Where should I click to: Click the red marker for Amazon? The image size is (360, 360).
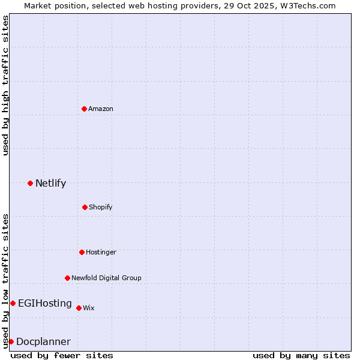pos(84,109)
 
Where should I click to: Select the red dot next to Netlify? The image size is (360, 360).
pos(30,183)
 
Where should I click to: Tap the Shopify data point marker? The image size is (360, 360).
pos(85,207)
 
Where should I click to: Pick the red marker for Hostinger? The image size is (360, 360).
pos(82,252)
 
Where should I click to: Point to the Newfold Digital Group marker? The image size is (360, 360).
pos(67,278)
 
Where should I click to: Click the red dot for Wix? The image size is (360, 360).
pos(79,308)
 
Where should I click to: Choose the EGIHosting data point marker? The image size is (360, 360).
pos(13,303)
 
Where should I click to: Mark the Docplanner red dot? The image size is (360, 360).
pos(11,341)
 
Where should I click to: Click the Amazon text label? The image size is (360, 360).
pos(101,109)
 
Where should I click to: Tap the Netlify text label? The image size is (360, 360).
pos(50,183)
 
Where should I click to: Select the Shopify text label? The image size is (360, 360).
pos(101,207)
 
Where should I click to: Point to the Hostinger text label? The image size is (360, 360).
pos(101,252)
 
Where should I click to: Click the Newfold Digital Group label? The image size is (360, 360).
pos(106,278)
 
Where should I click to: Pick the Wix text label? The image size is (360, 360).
pos(89,308)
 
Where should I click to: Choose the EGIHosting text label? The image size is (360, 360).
pos(45,303)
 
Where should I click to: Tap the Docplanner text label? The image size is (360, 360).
pos(43,341)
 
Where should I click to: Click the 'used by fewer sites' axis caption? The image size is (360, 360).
pos(62,355)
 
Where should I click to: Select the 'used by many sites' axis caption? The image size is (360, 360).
pos(301,355)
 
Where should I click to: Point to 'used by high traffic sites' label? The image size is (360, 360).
pos(5,86)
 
